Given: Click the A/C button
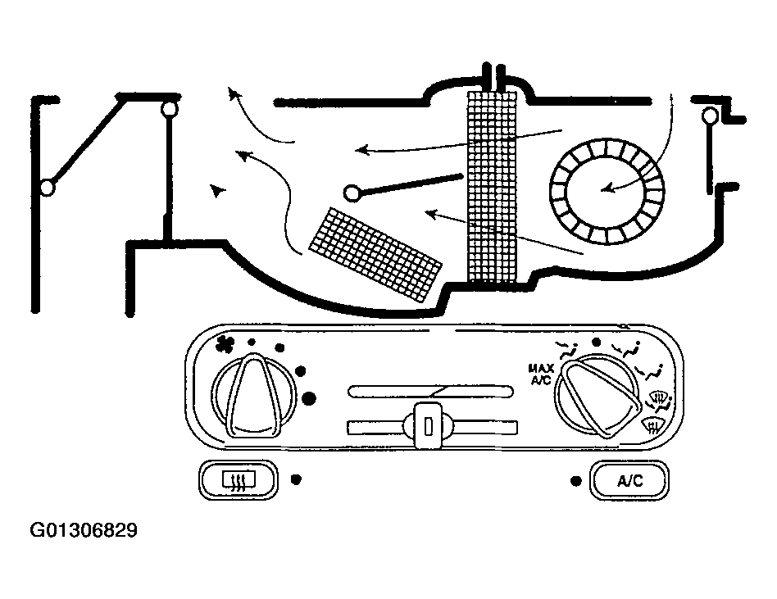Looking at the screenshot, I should pyautogui.click(x=629, y=481).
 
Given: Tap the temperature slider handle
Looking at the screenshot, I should pyautogui.click(x=427, y=424).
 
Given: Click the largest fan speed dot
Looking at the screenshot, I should pyautogui.click(x=310, y=399).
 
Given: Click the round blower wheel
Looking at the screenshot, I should pyautogui.click(x=606, y=190).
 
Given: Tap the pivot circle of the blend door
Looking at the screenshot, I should pyautogui.click(x=353, y=193).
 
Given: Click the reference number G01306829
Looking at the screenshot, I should pyautogui.click(x=84, y=531).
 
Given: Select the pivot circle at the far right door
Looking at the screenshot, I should pyautogui.click(x=710, y=116).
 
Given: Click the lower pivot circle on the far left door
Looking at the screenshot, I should pyautogui.click(x=47, y=187).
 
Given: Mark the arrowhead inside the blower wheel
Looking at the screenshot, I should pyautogui.click(x=606, y=191).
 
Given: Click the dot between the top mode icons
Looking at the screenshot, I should pyautogui.click(x=597, y=342).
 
